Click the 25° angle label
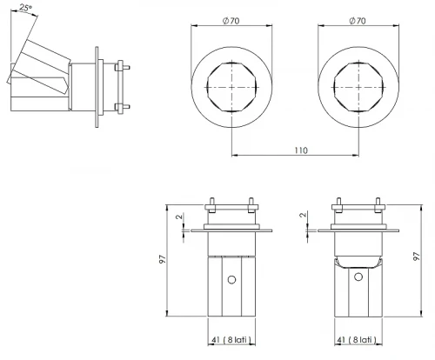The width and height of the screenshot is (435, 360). pyautogui.click(x=25, y=8)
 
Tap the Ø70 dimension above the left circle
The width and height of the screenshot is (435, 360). pyautogui.click(x=231, y=21)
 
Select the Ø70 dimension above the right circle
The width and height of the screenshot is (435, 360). pyautogui.click(x=358, y=21)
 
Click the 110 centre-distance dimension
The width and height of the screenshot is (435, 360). pyautogui.click(x=301, y=150)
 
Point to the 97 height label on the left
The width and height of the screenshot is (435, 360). pyautogui.click(x=164, y=259)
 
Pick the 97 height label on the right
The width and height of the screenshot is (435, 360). pyautogui.click(x=417, y=257)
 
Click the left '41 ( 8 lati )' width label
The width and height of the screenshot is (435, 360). pyautogui.click(x=231, y=339)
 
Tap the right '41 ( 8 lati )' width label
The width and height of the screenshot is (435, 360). pyautogui.click(x=358, y=339)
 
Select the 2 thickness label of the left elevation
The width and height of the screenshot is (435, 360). pyautogui.click(x=180, y=217)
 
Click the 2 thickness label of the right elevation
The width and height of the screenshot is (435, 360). pyautogui.click(x=303, y=215)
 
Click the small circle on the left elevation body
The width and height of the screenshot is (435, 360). pyautogui.click(x=231, y=280)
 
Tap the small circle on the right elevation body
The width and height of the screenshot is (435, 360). pyautogui.click(x=358, y=277)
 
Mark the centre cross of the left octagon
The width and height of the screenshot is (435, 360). pyautogui.click(x=231, y=87)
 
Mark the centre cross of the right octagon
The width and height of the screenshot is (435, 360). pyautogui.click(x=358, y=87)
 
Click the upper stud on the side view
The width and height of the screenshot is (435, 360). pyautogui.click(x=122, y=68)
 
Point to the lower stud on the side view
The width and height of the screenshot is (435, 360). pyautogui.click(x=122, y=107)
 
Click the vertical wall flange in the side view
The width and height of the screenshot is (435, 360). pyautogui.click(x=97, y=87)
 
